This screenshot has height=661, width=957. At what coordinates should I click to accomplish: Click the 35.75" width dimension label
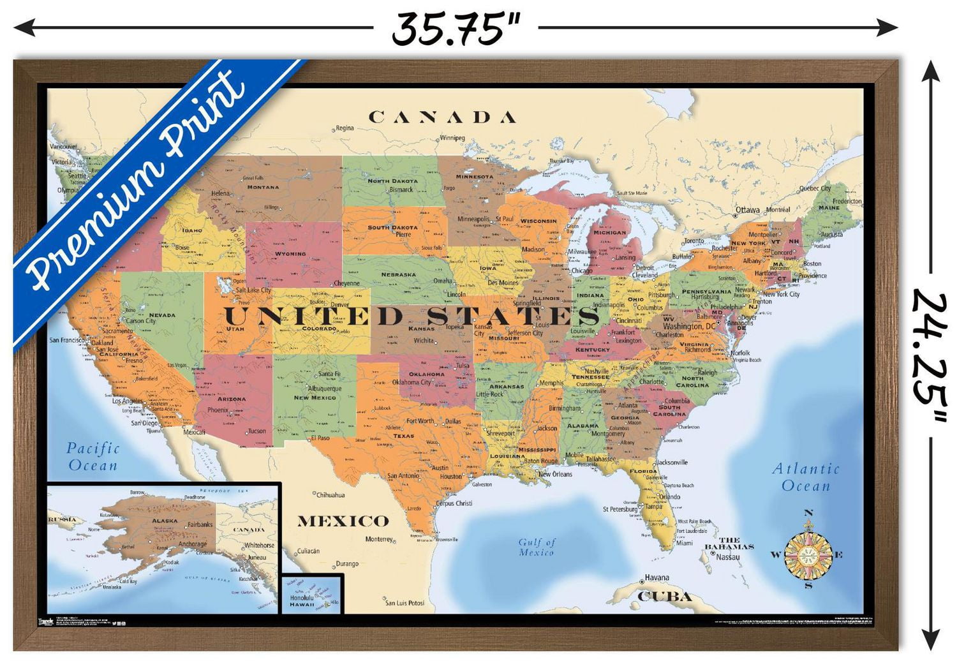456,29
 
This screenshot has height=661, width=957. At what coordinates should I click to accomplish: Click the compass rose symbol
808,553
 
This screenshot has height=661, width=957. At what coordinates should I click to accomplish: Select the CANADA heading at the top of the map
443,117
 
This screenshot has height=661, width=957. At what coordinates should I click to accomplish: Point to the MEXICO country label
343,521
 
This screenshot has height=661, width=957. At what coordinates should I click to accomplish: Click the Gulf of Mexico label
537,547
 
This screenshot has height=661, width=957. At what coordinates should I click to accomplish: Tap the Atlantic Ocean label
806,477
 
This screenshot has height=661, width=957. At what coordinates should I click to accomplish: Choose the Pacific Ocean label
93,457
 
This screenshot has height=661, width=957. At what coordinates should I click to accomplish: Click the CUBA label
665,597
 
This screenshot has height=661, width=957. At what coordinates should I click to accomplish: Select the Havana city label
657,577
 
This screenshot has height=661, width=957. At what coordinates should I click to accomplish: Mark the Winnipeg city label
452,138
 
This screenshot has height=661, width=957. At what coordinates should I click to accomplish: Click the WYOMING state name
290,254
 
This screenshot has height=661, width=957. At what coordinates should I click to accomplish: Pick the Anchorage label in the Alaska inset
192,544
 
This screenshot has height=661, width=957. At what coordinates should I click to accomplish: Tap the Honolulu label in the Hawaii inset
301,598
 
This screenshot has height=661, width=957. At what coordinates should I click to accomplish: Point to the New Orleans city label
555,474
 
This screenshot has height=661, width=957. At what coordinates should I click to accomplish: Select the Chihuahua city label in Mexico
330,494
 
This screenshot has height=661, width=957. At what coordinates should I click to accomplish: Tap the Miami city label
685,543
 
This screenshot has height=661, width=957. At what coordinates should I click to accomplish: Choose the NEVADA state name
162,315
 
